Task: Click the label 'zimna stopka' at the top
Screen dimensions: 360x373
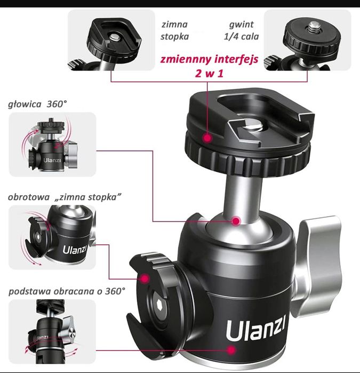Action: (x=174, y=30)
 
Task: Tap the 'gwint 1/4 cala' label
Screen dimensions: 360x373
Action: (x=241, y=30)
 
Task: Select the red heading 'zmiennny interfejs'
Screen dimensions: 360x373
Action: (x=209, y=59)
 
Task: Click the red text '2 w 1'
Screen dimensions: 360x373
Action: (x=209, y=74)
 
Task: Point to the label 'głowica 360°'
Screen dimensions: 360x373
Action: (x=37, y=104)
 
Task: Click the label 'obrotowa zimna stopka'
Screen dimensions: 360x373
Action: (x=65, y=197)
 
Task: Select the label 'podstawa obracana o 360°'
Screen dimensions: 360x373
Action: (x=67, y=291)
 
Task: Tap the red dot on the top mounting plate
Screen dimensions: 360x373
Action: (x=207, y=138)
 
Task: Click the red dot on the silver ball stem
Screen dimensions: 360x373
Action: (x=236, y=221)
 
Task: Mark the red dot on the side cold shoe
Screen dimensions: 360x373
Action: (x=145, y=279)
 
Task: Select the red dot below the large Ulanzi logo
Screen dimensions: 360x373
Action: (x=230, y=350)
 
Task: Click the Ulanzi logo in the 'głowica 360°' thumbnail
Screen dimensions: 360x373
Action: (x=52, y=160)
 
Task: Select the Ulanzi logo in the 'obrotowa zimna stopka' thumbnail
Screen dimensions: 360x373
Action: (x=75, y=250)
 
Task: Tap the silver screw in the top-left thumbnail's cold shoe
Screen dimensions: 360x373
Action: (x=115, y=37)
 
